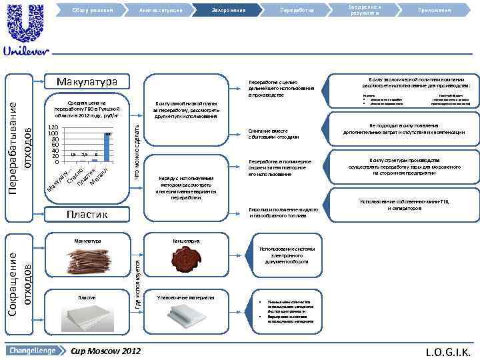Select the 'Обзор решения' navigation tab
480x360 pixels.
(93, 10)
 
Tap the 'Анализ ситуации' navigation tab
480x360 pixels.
(161, 10)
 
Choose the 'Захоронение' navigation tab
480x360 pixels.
(229, 10)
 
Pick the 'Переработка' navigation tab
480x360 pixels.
(297, 10)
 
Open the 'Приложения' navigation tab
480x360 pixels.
(434, 10)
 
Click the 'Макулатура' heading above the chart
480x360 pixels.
(87, 81)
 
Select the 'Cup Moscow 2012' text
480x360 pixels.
(105, 350)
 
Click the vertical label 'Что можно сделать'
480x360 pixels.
(137, 150)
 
